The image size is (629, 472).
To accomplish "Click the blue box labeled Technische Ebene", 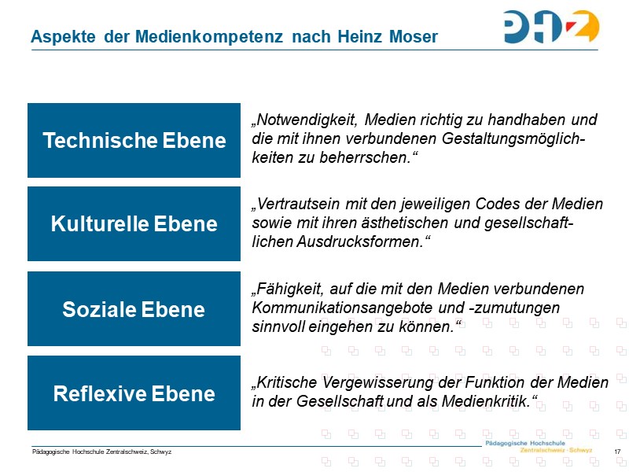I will [x=134, y=140].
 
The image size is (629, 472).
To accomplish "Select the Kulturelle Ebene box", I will [x=134, y=224].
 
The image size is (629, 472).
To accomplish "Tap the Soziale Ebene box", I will [x=134, y=309].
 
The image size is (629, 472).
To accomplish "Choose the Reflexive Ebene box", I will [x=134, y=393].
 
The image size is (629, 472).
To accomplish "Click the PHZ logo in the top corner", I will [x=551, y=27].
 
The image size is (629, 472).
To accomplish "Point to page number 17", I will [x=617, y=452].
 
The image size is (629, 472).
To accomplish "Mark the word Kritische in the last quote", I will [x=284, y=383].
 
